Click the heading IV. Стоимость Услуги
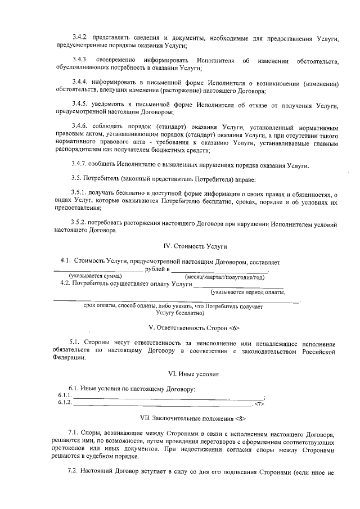pyautogui.click(x=195, y=246)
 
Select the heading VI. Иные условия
pyautogui.click(x=194, y=373)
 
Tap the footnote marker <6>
pyautogui.click(x=234, y=327)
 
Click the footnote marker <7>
pyautogui.click(x=259, y=403)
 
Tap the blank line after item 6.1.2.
pyautogui.click(x=163, y=403)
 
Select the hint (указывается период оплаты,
pyautogui.click(x=247, y=292)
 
